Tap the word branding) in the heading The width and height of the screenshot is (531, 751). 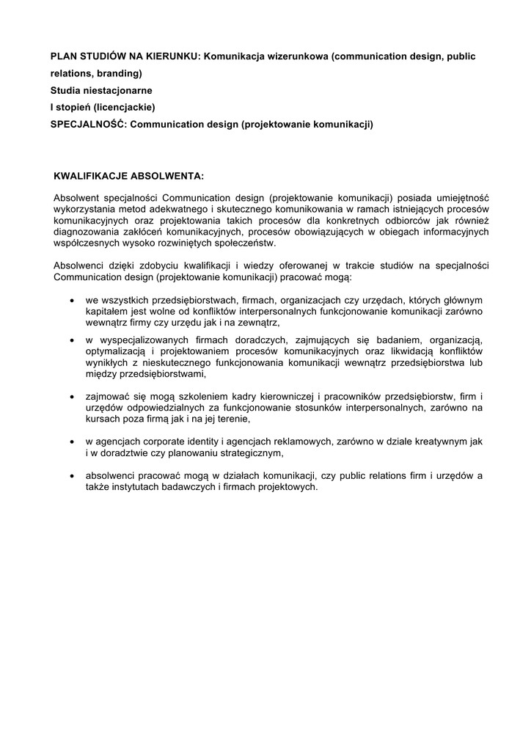[118, 73]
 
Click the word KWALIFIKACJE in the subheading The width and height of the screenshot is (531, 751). [92, 176]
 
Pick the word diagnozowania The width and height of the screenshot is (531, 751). [85, 232]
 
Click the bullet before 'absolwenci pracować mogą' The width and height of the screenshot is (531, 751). [70, 476]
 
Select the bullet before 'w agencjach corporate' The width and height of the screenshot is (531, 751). [70, 442]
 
